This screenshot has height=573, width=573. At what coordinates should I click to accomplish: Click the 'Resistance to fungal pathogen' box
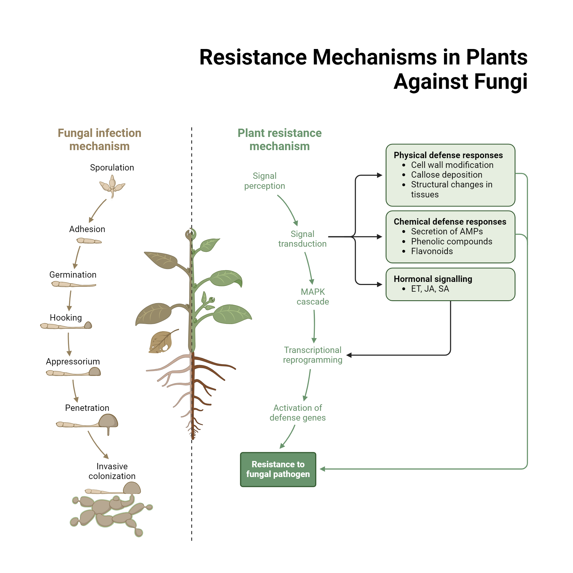tap(278, 469)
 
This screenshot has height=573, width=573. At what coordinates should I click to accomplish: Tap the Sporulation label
tap(112, 168)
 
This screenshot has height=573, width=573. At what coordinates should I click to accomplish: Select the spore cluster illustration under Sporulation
tap(112, 186)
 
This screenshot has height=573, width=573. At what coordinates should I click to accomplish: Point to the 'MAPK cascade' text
tap(313, 297)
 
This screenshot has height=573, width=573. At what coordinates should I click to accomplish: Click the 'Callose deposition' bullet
tap(446, 175)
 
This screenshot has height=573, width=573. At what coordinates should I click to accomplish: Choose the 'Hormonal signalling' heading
tap(433, 279)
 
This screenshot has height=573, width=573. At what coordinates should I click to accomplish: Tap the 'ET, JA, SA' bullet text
tap(430, 289)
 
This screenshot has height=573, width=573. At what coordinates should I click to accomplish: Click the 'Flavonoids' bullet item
tap(432, 251)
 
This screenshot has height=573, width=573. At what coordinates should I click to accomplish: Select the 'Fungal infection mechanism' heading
tap(99, 140)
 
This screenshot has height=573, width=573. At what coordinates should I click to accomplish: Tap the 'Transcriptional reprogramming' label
tap(313, 355)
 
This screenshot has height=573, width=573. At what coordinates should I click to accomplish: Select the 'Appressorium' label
tap(73, 362)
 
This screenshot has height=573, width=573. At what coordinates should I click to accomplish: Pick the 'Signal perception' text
tap(264, 180)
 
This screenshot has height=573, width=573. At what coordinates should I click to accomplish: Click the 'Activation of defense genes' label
tap(297, 413)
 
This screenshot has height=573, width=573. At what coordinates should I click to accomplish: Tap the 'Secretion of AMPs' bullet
tap(447, 231)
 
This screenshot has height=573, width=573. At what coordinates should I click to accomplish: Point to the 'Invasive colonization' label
tap(112, 471)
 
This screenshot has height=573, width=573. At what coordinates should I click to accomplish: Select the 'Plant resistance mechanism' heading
tap(279, 140)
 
